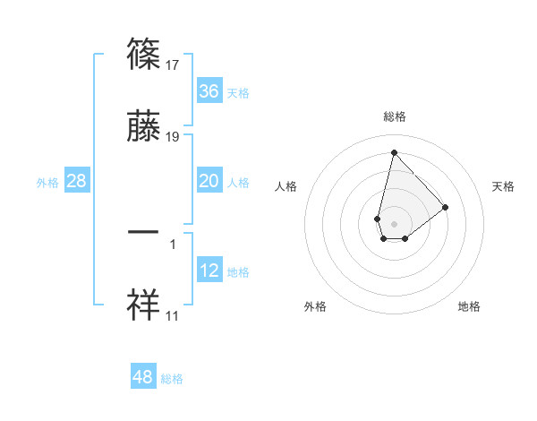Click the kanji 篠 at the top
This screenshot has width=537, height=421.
144,55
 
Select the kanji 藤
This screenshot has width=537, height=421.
144,128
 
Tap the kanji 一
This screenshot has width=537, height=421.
144,231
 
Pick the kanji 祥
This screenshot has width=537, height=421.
144,305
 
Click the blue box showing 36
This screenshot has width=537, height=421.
209,91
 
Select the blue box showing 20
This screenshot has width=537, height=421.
209,182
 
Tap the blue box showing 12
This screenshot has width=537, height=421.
209,271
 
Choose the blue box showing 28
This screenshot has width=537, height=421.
77,182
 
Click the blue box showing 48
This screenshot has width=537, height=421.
143,377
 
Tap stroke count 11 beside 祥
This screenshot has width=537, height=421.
174,315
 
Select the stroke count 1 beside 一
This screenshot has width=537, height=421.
173,243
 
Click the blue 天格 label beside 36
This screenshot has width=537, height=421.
238,93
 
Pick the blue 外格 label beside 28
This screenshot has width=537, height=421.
47,183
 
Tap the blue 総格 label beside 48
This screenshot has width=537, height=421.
172,379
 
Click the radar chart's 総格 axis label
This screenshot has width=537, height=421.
394,116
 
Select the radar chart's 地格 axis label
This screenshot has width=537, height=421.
469,306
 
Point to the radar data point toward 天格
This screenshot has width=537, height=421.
446,207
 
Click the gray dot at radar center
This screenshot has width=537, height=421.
394,222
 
